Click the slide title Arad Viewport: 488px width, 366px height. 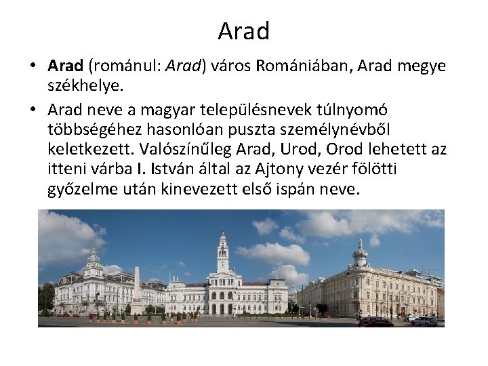pyautogui.click(x=244, y=30)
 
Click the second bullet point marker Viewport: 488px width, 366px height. pyautogui.click(x=33, y=110)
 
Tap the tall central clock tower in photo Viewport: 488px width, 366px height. pyautogui.click(x=222, y=254)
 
